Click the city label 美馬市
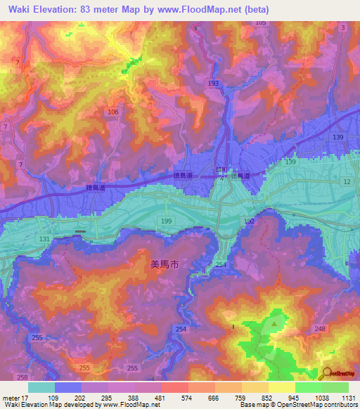(x=165, y=265)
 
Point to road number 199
(x=166, y=221)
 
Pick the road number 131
(x=44, y=239)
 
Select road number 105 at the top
(x=260, y=23)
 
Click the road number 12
(x=346, y=182)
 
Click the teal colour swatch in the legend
(x=41, y=387)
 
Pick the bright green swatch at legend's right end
(x=335, y=387)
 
